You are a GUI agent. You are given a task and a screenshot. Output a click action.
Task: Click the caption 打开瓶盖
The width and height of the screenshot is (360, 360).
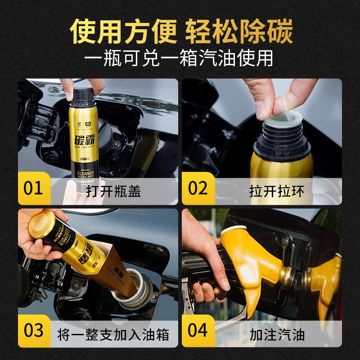pos(119,191)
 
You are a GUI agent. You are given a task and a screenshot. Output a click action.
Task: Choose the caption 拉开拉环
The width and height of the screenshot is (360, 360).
pos(283,191)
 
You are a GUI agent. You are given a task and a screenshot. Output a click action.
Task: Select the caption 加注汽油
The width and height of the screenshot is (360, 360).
pos(283,334)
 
